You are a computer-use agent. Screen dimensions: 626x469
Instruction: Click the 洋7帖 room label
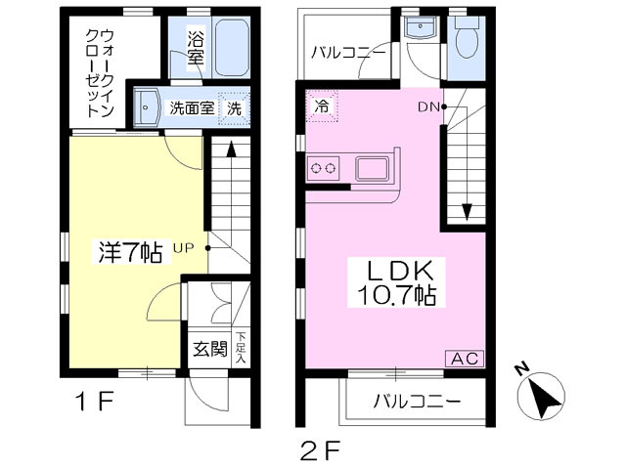click(x=130, y=252)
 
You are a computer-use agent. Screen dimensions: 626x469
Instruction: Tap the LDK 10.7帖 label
click(x=396, y=282)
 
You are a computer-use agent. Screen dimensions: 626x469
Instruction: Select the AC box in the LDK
click(x=465, y=359)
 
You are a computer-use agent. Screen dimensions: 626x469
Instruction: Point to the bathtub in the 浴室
click(x=233, y=47)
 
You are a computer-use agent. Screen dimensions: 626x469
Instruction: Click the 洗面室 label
click(x=192, y=108)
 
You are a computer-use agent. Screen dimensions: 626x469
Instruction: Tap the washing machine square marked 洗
click(x=235, y=108)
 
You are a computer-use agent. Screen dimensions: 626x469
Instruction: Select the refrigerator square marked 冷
click(x=322, y=106)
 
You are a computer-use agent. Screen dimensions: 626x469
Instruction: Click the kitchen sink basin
click(x=372, y=168)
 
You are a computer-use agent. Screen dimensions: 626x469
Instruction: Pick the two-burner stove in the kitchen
click(x=323, y=168)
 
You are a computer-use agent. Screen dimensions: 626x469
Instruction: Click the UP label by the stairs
click(x=183, y=248)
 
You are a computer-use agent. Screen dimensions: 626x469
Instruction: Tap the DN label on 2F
click(x=428, y=107)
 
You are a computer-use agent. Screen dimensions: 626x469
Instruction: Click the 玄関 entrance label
click(x=210, y=349)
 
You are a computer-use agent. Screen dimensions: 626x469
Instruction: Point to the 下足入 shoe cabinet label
click(x=241, y=348)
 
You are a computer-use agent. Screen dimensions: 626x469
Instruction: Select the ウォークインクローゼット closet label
click(x=100, y=73)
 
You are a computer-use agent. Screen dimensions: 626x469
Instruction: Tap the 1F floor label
click(x=95, y=401)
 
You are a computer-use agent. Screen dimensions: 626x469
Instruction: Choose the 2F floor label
click(x=320, y=449)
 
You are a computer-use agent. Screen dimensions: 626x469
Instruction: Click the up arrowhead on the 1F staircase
click(x=231, y=149)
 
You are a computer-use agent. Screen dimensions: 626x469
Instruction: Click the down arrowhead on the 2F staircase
click(x=467, y=212)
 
